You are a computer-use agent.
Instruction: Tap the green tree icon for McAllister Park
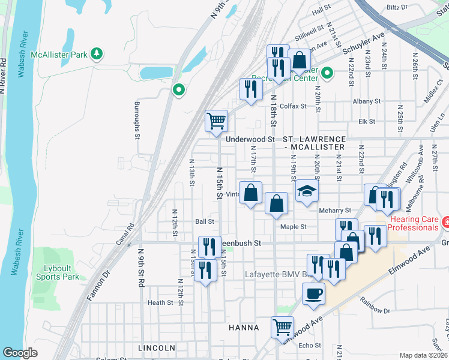[x=96, y=55]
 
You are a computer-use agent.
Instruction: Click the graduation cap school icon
[x=306, y=191]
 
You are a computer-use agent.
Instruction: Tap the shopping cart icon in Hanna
[x=282, y=327]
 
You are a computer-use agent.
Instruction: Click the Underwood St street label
[x=250, y=139]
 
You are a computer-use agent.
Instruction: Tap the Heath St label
[x=160, y=303]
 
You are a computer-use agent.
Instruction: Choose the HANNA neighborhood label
[x=244, y=328]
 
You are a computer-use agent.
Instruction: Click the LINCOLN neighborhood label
[x=157, y=348]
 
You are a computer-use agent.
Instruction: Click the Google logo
[x=20, y=353]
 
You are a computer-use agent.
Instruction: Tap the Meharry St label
[x=335, y=211]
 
